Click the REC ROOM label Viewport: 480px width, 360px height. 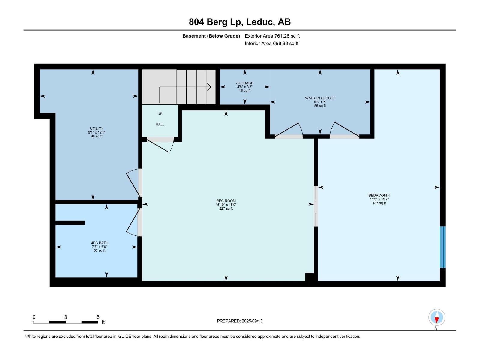click(x=226, y=201)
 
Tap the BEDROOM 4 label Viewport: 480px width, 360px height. click(x=379, y=195)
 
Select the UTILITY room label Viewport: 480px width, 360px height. click(x=96, y=128)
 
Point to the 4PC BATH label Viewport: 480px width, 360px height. click(x=100, y=243)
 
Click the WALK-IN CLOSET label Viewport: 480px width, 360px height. click(x=320, y=98)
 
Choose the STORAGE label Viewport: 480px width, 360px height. click(x=245, y=83)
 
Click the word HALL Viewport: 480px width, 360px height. click(x=160, y=124)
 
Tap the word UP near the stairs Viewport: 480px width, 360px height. click(x=160, y=114)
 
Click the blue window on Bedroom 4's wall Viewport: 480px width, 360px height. click(x=442, y=247)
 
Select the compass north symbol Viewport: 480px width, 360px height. click(x=436, y=317)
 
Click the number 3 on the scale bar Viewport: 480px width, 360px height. click(x=65, y=317)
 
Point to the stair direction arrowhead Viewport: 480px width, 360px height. click(x=209, y=87)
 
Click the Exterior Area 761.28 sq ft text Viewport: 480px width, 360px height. click(x=272, y=36)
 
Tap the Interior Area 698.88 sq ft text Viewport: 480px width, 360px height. click(x=271, y=43)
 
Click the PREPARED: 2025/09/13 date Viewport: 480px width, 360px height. click(x=240, y=321)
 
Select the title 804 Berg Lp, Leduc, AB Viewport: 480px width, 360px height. click(x=240, y=22)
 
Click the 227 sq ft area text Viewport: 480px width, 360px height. click(x=226, y=208)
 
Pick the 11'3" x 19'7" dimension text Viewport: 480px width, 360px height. click(x=379, y=199)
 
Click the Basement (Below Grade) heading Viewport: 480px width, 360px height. click(x=211, y=36)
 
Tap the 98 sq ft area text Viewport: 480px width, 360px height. click(x=96, y=136)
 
